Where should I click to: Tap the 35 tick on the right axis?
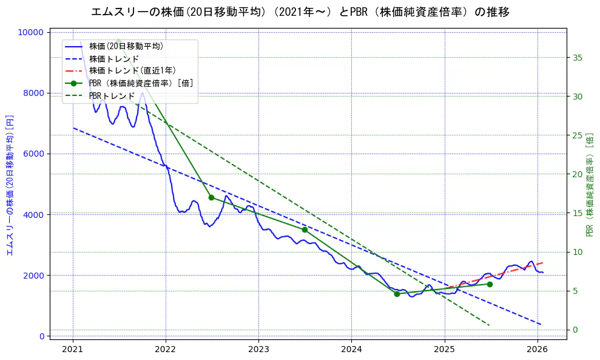[x=577, y=58]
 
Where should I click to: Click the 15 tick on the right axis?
[x=577, y=213]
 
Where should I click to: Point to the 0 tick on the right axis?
[x=575, y=330]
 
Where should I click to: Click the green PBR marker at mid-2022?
[x=211, y=197]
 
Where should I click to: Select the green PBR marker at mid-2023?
[x=305, y=229]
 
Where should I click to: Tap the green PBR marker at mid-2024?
[x=397, y=294]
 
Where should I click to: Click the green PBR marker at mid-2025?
[x=490, y=284]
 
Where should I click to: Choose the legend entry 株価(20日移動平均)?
[x=126, y=46]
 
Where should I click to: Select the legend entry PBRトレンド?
[x=112, y=96]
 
